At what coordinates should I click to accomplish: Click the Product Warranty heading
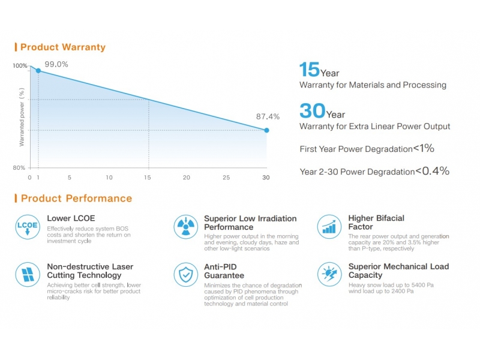tap(62, 47)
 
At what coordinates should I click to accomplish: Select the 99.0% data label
tap(56, 64)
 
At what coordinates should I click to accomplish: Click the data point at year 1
tap(38, 71)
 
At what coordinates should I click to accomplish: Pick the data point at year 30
tap(266, 130)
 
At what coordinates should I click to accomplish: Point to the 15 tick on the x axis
tap(148, 178)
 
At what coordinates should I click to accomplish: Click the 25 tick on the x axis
tap(226, 178)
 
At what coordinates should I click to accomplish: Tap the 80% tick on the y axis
tap(20, 167)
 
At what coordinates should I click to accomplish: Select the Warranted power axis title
tap(22, 118)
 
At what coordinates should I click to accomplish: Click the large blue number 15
tap(309, 70)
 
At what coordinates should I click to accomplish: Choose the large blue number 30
tap(312, 111)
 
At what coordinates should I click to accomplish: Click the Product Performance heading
tap(76, 198)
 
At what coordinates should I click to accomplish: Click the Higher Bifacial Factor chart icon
tap(328, 226)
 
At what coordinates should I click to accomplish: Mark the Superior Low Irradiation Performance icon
tap(185, 226)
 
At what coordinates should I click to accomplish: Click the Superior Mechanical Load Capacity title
tap(398, 271)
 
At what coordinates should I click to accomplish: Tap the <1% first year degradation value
tap(423, 148)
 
